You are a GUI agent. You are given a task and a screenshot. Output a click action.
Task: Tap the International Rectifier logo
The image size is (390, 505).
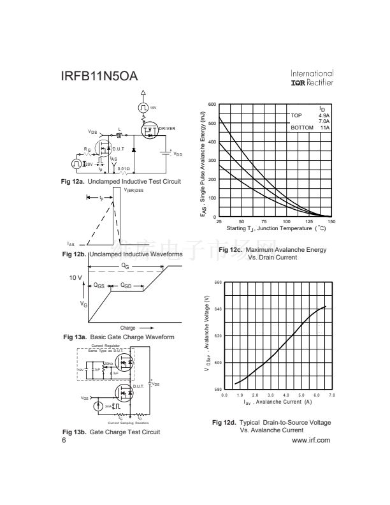pyautogui.click(x=312, y=78)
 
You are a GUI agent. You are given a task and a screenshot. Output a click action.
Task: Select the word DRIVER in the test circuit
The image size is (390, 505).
pyautogui.click(x=167, y=129)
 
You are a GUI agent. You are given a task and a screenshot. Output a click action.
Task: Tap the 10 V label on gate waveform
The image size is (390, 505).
pyautogui.click(x=76, y=278)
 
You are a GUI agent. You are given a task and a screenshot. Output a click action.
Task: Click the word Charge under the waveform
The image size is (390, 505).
pyautogui.click(x=127, y=328)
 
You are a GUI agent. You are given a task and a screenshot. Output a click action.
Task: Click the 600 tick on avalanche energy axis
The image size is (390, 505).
pyautogui.click(x=212, y=104)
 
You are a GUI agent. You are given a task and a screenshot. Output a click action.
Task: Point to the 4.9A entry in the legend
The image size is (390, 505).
pyautogui.click(x=324, y=115)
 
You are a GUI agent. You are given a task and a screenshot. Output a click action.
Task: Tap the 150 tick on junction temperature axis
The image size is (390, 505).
pyautogui.click(x=331, y=221)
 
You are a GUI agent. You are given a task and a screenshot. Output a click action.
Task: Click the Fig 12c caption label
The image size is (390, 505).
pyautogui.click(x=230, y=249)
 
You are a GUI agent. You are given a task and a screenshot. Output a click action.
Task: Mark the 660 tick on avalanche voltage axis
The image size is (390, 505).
pyautogui.click(x=217, y=282)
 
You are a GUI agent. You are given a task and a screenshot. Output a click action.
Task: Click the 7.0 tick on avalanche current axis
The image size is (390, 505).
pyautogui.click(x=331, y=395)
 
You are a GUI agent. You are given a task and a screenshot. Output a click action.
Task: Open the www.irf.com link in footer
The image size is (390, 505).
pyautogui.click(x=310, y=440)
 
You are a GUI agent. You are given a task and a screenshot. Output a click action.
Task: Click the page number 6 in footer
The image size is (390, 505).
pyautogui.click(x=64, y=440)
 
